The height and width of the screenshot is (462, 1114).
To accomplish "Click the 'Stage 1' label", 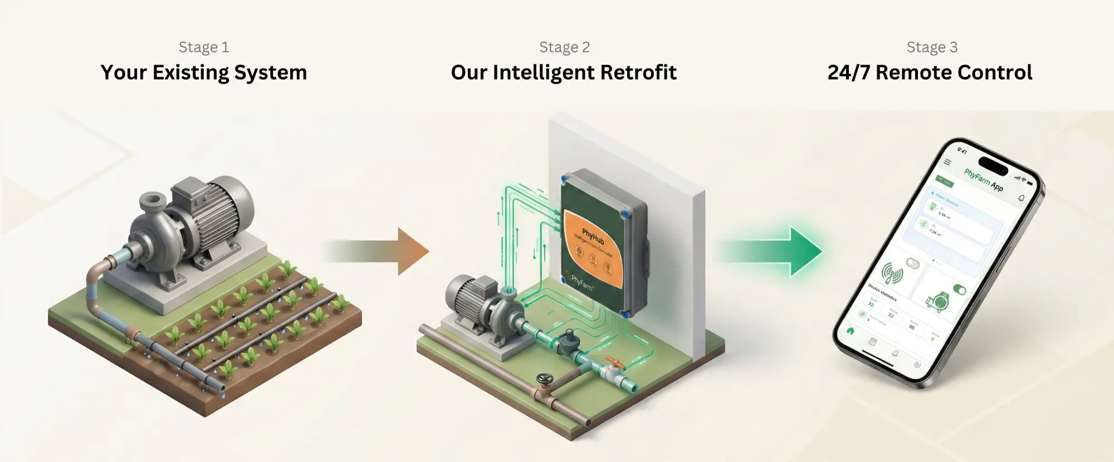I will [203, 47].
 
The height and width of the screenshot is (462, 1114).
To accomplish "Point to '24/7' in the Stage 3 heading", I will [848, 73].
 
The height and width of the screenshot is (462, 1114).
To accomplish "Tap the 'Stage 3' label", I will [932, 47].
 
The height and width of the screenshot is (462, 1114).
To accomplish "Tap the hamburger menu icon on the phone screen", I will [947, 162].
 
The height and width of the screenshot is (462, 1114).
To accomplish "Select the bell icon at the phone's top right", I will [1021, 198].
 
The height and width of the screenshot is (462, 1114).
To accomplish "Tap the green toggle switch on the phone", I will [959, 289].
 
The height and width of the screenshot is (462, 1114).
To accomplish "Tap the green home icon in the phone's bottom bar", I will [851, 330].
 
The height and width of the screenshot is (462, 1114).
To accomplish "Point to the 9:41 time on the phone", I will [962, 150].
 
